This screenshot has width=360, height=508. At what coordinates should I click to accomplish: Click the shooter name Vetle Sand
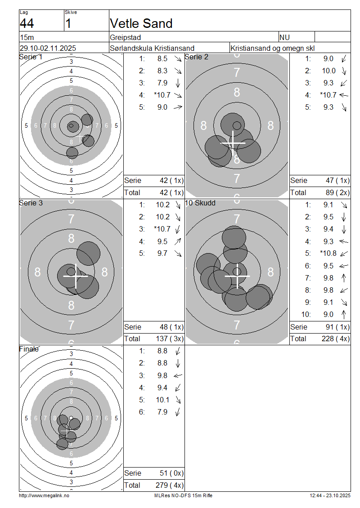[x=141, y=23]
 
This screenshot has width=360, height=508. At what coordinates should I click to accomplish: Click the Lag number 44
[x=27, y=24]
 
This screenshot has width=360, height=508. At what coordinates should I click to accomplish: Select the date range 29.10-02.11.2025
[x=48, y=48]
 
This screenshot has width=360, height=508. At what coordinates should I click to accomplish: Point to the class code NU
[x=284, y=37]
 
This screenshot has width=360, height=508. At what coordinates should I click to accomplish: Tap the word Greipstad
[x=126, y=38]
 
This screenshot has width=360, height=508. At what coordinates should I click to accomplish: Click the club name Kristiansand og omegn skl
[x=272, y=49]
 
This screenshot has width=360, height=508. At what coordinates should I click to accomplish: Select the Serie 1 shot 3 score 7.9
[x=162, y=83]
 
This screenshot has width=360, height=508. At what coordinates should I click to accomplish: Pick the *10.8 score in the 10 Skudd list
[x=328, y=254]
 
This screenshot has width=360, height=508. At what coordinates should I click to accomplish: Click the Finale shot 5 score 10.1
[x=162, y=400]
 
